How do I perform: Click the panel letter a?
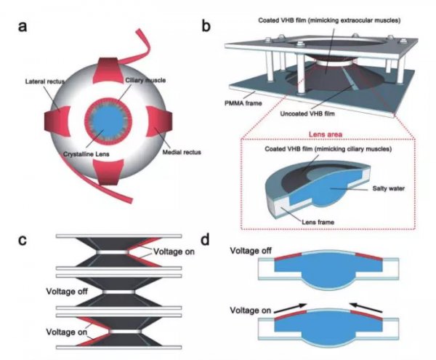pyautogui.click(x=23, y=27)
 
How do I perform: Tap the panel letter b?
pyautogui.click(x=206, y=25)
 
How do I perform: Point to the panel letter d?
pyautogui.click(x=205, y=239)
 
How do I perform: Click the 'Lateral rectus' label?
pyautogui.click(x=45, y=81)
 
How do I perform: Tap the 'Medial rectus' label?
pyautogui.click(x=182, y=152)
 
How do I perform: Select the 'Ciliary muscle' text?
pyautogui.click(x=145, y=81)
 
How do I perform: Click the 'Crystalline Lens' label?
pyautogui.click(x=86, y=154)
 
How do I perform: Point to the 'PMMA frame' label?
pyautogui.click(x=243, y=103)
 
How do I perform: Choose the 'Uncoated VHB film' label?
pyautogui.click(x=307, y=113)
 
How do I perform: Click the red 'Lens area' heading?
pyautogui.click(x=326, y=135)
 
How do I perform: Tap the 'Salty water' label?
pyautogui.click(x=389, y=188)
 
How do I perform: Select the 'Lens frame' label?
pyautogui.click(x=318, y=222)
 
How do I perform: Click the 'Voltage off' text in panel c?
pyautogui.click(x=67, y=292)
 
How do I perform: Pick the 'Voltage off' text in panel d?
pyautogui.click(x=251, y=251)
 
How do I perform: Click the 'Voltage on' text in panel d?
pyautogui.click(x=251, y=311)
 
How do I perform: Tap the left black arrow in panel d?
pyautogui.click(x=290, y=308)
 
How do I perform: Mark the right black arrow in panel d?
pyautogui.click(x=366, y=308)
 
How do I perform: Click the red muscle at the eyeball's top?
pyautogui.click(x=108, y=71)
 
